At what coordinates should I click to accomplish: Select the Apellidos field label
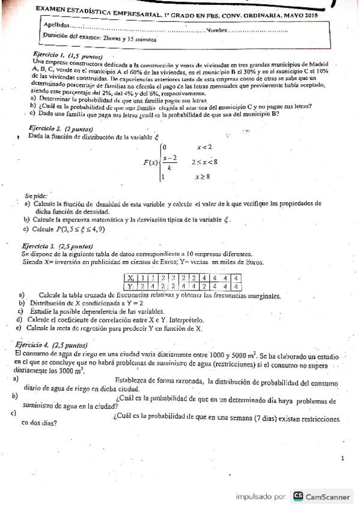click(56, 25)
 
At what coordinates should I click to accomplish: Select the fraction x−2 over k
click(153, 162)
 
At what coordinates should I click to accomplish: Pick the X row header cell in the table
click(130, 278)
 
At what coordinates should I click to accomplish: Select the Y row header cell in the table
click(130, 286)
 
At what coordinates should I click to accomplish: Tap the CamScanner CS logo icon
click(298, 496)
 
